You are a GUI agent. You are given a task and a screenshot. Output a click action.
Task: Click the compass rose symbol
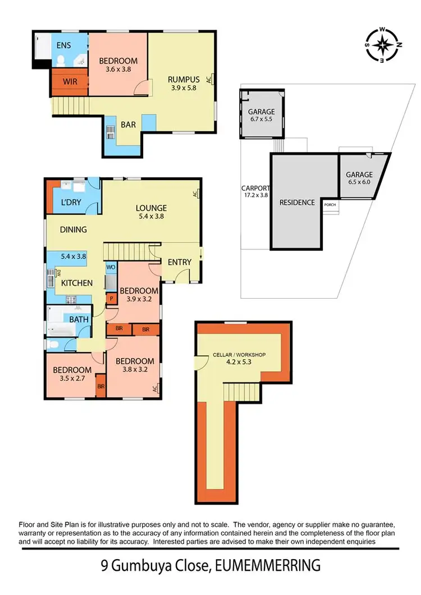click(x=382, y=44)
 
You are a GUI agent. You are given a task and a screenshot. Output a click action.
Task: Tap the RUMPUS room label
click(x=180, y=79)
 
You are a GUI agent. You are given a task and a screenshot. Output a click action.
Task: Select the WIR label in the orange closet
click(x=70, y=81)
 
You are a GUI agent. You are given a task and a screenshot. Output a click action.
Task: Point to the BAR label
click(x=128, y=125)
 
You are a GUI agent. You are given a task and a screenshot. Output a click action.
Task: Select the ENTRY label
click(x=180, y=262)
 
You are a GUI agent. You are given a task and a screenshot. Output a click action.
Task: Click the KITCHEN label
click(x=76, y=283)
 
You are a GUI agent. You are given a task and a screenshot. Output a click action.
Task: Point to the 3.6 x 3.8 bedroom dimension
click(x=118, y=70)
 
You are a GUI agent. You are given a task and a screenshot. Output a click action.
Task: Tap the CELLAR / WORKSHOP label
click(x=239, y=355)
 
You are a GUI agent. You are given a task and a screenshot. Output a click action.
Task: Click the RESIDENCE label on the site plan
click(x=297, y=202)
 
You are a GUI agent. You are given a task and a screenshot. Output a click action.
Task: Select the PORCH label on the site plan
click(x=330, y=205)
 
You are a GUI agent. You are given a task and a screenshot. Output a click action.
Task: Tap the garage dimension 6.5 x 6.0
click(x=359, y=183)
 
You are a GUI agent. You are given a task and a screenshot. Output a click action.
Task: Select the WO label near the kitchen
click(x=111, y=267)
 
